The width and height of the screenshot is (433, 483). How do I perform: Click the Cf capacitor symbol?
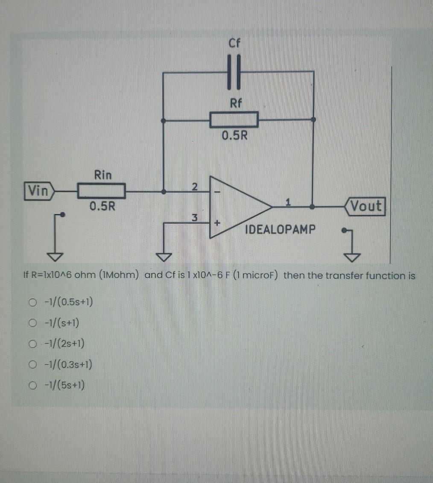click(234, 72)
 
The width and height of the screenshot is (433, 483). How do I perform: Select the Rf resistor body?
click(234, 120)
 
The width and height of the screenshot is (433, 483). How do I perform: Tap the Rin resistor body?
click(101, 190)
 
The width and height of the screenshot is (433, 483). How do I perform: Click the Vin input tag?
click(39, 190)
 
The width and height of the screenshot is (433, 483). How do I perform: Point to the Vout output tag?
click(366, 206)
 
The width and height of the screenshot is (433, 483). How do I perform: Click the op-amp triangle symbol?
click(239, 206)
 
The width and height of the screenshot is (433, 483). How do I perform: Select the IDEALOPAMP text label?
click(281, 229)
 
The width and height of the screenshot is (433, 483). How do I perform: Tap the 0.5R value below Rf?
click(234, 136)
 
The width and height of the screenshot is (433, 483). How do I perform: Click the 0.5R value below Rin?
click(102, 207)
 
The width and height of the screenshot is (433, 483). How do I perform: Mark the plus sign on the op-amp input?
click(217, 223)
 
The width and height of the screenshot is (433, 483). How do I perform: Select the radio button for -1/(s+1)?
click(31, 323)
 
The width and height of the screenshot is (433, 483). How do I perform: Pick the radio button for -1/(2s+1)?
click(31, 344)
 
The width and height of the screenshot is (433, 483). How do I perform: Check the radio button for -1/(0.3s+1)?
click(31, 365)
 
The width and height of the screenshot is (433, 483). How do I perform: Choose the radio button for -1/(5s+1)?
click(31, 386)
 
